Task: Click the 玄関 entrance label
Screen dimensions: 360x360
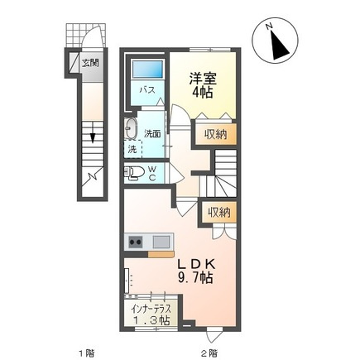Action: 90,63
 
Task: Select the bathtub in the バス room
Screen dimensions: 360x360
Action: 147,69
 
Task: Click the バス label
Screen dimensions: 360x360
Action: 147,90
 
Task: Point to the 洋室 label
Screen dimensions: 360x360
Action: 203,79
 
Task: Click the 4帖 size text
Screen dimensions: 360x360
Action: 203,93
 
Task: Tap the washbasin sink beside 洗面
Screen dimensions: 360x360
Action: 131,129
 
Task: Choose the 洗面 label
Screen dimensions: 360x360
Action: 152,134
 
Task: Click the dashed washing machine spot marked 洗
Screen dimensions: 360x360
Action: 133,149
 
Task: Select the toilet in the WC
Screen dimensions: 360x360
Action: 134,173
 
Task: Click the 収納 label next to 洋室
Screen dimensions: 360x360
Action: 216,134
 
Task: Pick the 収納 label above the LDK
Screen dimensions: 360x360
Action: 219,213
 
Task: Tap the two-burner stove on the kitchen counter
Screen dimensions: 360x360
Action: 135,242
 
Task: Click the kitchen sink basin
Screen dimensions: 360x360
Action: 161,242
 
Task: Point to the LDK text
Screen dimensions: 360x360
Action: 195,265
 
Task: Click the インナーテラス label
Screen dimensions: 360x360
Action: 151,309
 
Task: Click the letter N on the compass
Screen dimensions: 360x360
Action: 269,26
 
